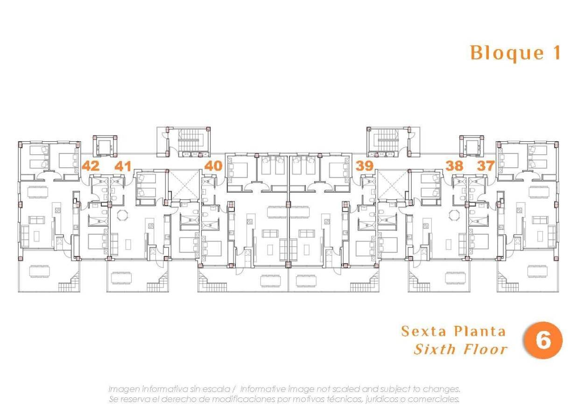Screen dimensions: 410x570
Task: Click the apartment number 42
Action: pyautogui.click(x=91, y=165)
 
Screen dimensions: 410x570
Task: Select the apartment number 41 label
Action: pyautogui.click(x=123, y=165)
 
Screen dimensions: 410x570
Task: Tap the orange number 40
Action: pyautogui.click(x=213, y=165)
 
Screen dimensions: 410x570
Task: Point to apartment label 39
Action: pyautogui.click(x=364, y=165)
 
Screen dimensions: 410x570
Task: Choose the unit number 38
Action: pyautogui.click(x=454, y=165)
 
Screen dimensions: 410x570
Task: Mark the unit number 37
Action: pyautogui.click(x=486, y=165)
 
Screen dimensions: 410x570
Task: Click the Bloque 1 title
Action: pyautogui.click(x=515, y=53)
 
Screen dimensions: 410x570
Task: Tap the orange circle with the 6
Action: pyautogui.click(x=543, y=340)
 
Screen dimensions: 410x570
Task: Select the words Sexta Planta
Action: pyautogui.click(x=453, y=331)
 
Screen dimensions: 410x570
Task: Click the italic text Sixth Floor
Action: pyautogui.click(x=460, y=349)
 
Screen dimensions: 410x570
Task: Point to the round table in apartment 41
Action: pyautogui.click(x=122, y=216)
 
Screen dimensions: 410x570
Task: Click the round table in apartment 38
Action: pyautogui.click(x=453, y=216)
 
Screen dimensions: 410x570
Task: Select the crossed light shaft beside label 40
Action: pyautogui.click(x=183, y=184)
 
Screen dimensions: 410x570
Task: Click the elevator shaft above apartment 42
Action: pyautogui.click(x=105, y=145)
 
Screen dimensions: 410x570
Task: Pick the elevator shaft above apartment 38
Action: pyautogui.click(x=471, y=145)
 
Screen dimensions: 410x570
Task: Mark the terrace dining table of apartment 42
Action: pyautogui.click(x=39, y=271)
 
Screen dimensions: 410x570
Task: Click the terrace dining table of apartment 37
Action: pyautogui.click(x=537, y=271)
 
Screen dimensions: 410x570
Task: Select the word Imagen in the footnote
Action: pyautogui.click(x=124, y=389)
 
